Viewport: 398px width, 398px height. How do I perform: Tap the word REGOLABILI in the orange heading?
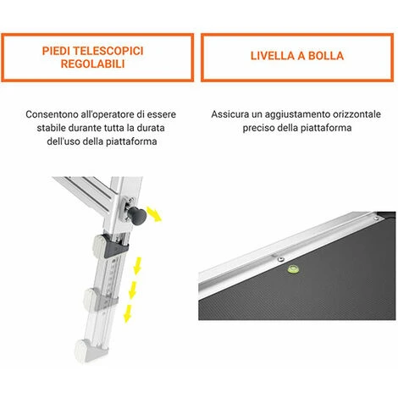point(92,64)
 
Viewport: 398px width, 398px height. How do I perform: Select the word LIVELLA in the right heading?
point(273,56)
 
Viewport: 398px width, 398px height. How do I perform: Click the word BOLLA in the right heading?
point(326,56)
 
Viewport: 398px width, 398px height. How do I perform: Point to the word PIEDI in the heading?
point(56,51)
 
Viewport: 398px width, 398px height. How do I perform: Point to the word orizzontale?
point(357,114)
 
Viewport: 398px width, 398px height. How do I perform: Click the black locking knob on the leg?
point(137,215)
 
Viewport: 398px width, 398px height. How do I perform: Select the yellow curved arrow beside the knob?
point(154,213)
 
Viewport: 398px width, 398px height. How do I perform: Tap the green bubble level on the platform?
point(293,268)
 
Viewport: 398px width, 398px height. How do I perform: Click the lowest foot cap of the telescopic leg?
point(91,351)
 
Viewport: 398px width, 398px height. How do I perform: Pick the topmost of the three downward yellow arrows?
point(137,266)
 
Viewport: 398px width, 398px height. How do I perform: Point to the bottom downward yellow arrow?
point(128,313)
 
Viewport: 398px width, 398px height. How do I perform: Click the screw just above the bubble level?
point(280,259)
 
